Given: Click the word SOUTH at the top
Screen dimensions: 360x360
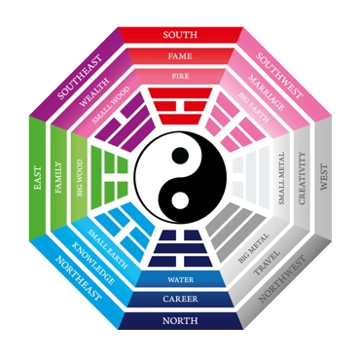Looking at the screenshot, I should pyautogui.click(x=180, y=35).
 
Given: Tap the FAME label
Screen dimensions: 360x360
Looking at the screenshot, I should pyautogui.click(x=180, y=55).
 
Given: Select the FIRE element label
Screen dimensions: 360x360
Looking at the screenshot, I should pyautogui.click(x=180, y=74).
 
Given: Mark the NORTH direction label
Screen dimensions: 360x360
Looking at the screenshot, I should pyautogui.click(x=180, y=321).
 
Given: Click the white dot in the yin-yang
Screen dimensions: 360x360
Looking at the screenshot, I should pyautogui.click(x=180, y=201).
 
